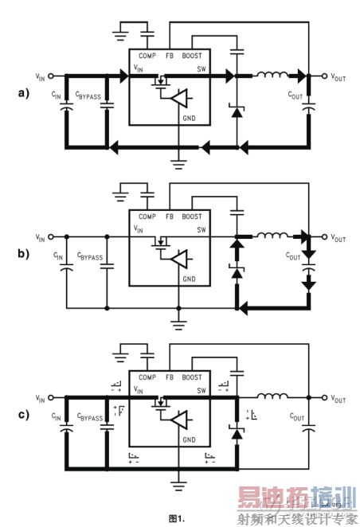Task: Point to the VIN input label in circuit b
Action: [41, 237]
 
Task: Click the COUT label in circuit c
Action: [294, 417]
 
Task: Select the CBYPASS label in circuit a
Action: [88, 96]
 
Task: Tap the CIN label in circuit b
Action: [57, 256]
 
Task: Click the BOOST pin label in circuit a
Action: [192, 57]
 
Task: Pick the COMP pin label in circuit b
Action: [147, 217]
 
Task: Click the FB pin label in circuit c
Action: [170, 377]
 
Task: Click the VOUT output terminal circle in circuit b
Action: [323, 237]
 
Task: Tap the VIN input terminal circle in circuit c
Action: [51, 397]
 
